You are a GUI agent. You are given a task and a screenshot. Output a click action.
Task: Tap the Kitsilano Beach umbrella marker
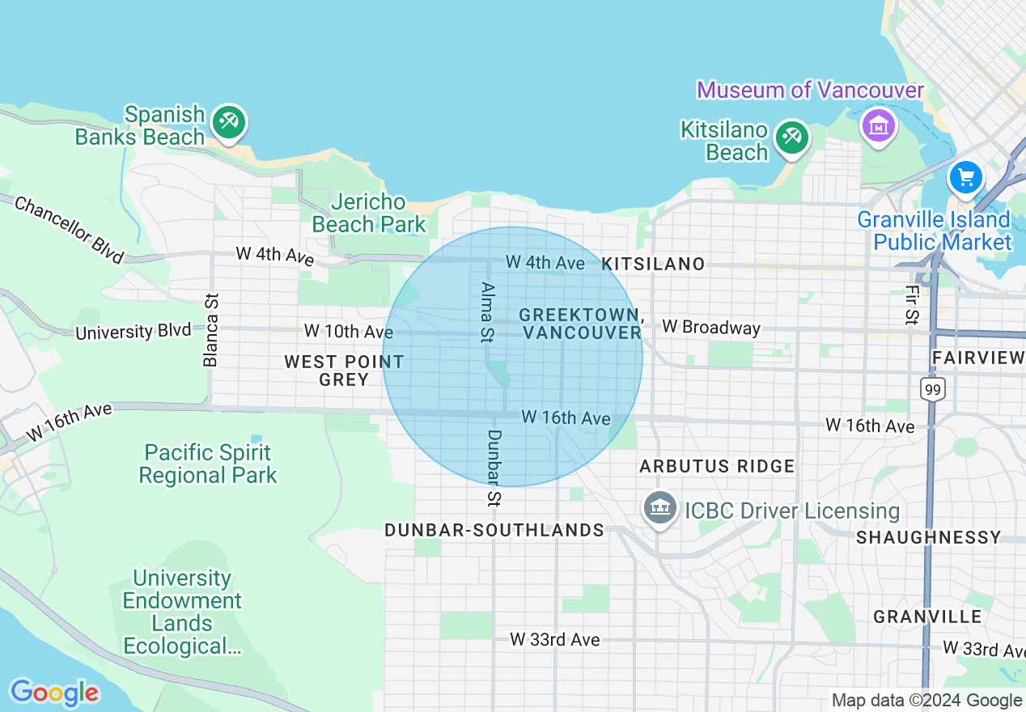(791, 137)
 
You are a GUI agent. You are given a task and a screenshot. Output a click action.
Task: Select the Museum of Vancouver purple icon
(878, 125)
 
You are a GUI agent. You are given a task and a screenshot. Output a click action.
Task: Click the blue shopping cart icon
(966, 176)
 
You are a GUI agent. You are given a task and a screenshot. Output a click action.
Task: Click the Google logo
(54, 693)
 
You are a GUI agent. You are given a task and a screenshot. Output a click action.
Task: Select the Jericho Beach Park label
(369, 213)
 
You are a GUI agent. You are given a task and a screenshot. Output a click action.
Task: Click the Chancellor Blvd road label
(70, 230)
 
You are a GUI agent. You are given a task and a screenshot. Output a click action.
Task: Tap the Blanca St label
(212, 330)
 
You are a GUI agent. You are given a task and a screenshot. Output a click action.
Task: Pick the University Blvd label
(134, 332)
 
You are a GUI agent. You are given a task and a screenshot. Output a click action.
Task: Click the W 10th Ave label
(349, 331)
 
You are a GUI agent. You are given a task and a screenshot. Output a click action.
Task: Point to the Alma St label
(486, 311)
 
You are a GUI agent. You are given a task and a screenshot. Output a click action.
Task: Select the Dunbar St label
(494, 468)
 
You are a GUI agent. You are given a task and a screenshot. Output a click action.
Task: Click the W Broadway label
(711, 327)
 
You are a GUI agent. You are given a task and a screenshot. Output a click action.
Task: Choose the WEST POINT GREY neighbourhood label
(344, 371)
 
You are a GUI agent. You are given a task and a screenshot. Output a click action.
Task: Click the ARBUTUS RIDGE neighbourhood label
(717, 467)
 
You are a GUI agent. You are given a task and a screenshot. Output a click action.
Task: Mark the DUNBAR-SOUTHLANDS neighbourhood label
(494, 531)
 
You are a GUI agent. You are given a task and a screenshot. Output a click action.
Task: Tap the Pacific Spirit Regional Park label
(208, 464)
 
